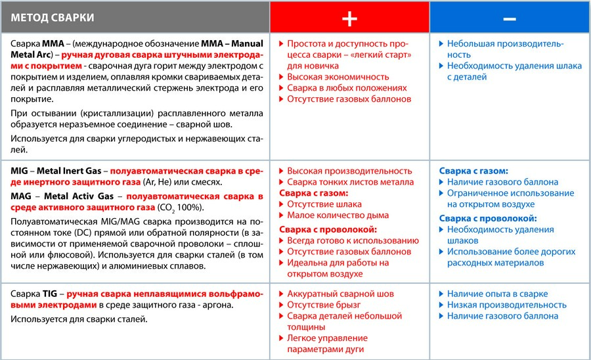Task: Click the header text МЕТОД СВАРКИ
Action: [53, 18]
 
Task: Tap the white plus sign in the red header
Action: [349, 18]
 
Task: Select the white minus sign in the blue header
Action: [510, 18]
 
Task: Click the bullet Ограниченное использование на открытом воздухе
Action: [510, 199]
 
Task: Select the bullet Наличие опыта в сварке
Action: [497, 294]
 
